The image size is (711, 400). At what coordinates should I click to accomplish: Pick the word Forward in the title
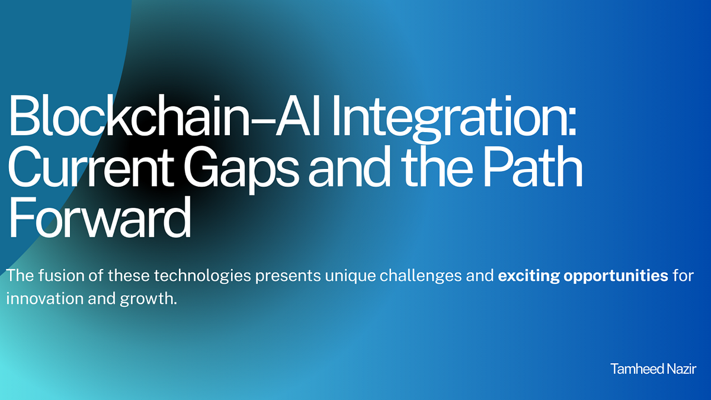(x=99, y=219)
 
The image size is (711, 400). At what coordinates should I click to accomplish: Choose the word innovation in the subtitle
(x=42, y=297)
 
